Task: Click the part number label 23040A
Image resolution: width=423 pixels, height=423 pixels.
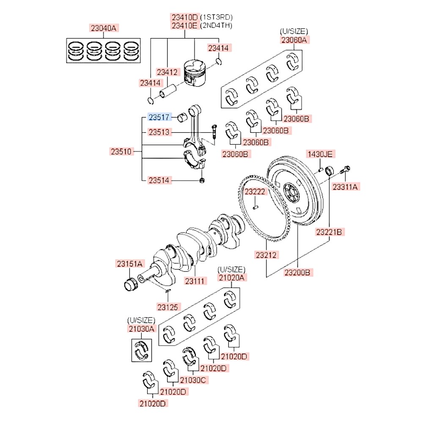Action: pyautogui.click(x=104, y=28)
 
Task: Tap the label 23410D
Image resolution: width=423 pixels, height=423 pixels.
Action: pyautogui.click(x=184, y=17)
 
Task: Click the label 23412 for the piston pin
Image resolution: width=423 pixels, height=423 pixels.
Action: pyautogui.click(x=167, y=72)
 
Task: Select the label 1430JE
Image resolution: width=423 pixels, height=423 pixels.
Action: pyautogui.click(x=320, y=154)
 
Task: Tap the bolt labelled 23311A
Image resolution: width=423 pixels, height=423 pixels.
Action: pyautogui.click(x=346, y=186)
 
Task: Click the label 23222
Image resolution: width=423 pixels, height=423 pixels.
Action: pyautogui.click(x=255, y=192)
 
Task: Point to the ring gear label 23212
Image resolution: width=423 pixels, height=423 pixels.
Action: pyautogui.click(x=266, y=255)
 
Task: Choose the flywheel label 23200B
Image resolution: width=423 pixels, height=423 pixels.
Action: pyautogui.click(x=298, y=272)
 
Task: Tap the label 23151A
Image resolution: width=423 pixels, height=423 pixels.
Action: pyautogui.click(x=130, y=264)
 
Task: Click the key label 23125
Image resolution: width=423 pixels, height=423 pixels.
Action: pyautogui.click(x=169, y=306)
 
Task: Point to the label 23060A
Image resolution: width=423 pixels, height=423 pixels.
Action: pyautogui.click(x=294, y=40)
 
